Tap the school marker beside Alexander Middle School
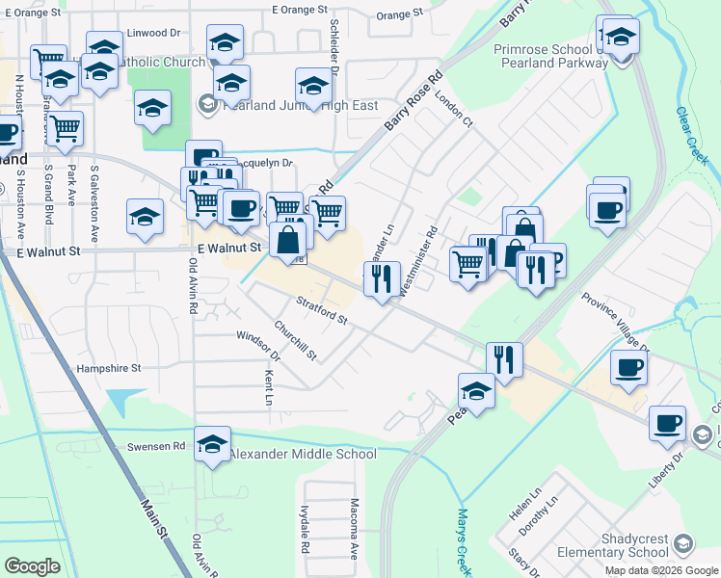point(212,445)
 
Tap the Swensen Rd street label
point(155,447)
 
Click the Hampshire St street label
point(109,368)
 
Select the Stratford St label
point(321,310)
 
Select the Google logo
point(32,565)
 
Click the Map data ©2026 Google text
point(660,570)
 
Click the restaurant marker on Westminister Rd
point(382,279)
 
